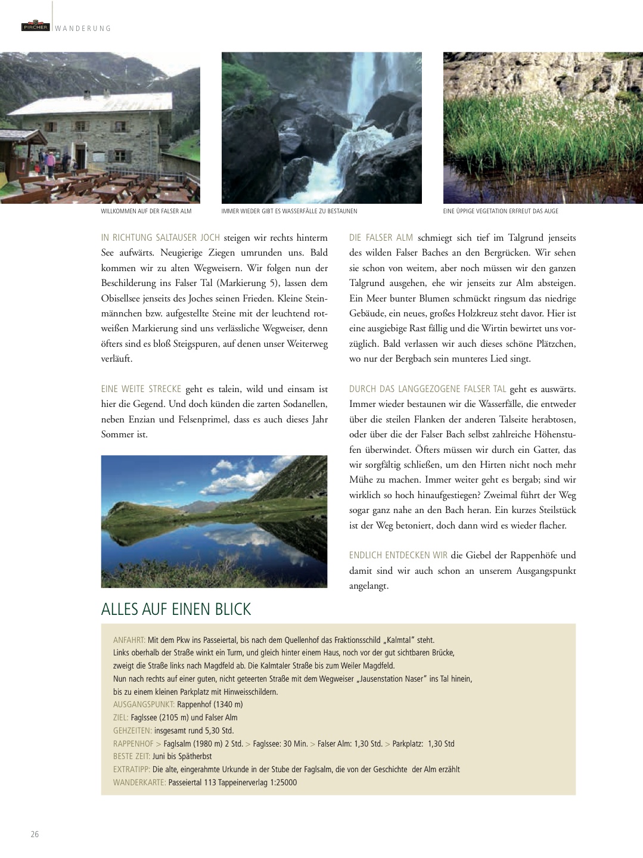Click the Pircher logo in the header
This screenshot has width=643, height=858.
(x=35, y=26)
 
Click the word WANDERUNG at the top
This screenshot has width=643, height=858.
(x=83, y=29)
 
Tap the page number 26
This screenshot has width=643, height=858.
(x=35, y=834)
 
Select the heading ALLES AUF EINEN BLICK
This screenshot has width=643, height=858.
(x=176, y=609)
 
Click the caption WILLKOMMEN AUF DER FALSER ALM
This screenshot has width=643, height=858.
(x=146, y=211)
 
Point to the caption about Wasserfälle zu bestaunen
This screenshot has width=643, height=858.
(x=289, y=211)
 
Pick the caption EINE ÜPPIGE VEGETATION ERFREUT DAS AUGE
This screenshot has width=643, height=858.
(x=501, y=211)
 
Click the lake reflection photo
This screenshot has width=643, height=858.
(x=214, y=521)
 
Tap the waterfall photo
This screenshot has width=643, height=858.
(x=321, y=128)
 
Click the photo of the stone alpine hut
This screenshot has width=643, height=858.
(x=100, y=128)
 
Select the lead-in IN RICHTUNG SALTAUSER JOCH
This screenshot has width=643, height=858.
(x=160, y=238)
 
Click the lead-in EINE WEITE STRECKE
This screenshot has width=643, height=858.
(x=141, y=389)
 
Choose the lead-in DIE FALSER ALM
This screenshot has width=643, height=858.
(x=381, y=238)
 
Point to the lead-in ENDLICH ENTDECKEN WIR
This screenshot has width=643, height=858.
(x=398, y=555)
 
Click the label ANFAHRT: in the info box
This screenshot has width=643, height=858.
(x=129, y=640)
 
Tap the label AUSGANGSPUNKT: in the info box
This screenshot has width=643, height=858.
(x=144, y=704)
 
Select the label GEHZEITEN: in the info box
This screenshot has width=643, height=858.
(x=132, y=730)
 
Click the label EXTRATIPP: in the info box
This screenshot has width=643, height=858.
(x=132, y=769)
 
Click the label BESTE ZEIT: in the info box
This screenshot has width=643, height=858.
(x=131, y=756)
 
